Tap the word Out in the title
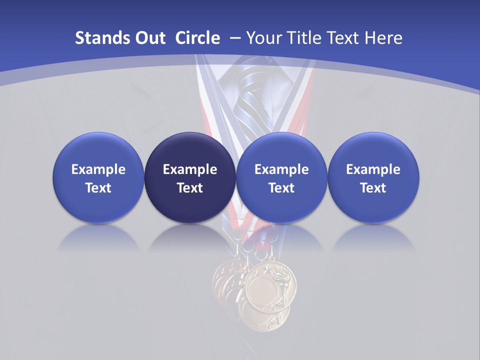click(149, 38)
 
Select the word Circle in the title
click(197, 38)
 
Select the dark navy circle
click(190, 178)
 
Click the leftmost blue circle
click(98, 178)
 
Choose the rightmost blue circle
click(373, 178)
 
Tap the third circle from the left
click(281, 178)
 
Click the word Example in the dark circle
click(190, 169)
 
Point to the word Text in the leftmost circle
click(98, 188)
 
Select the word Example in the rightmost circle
click(373, 169)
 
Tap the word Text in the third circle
click(281, 188)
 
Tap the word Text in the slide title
click(346, 38)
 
